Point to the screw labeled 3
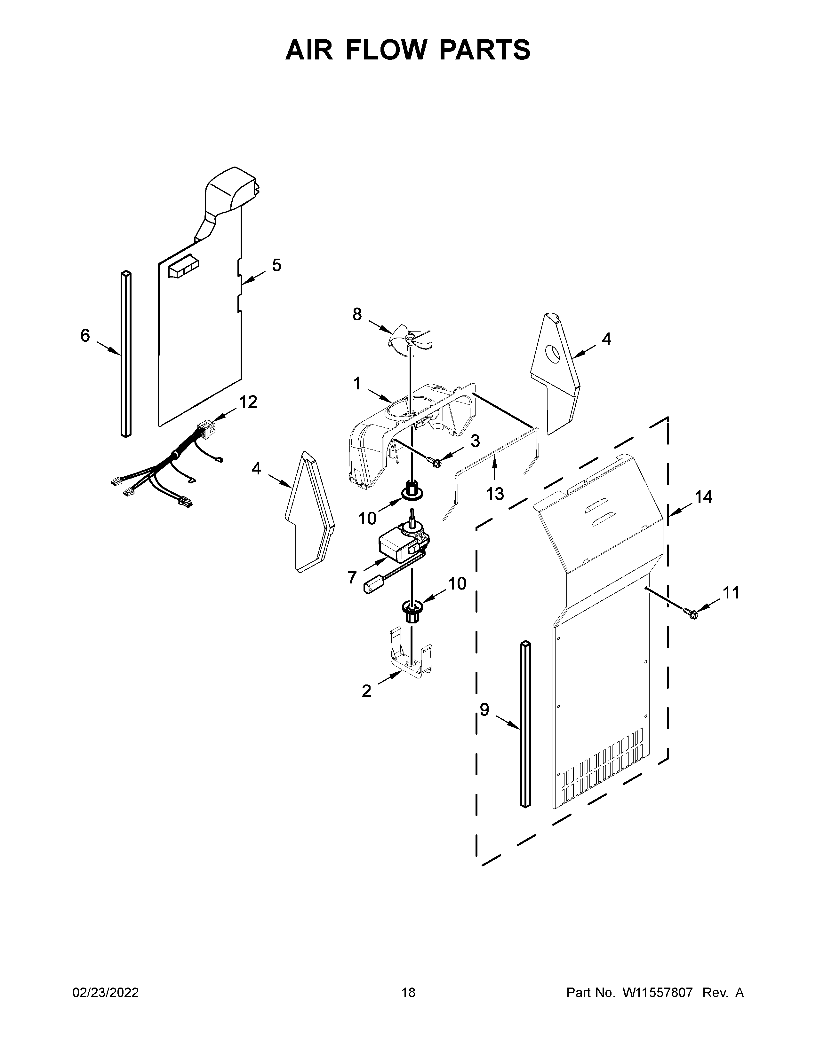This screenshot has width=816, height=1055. pyautogui.click(x=435, y=462)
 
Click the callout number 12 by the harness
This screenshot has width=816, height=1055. pyautogui.click(x=248, y=402)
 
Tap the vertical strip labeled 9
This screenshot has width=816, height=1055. pyautogui.click(x=525, y=724)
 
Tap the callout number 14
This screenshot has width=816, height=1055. pyautogui.click(x=703, y=496)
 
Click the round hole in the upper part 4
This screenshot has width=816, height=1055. pyautogui.click(x=552, y=354)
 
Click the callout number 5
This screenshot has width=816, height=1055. pyautogui.click(x=276, y=265)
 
